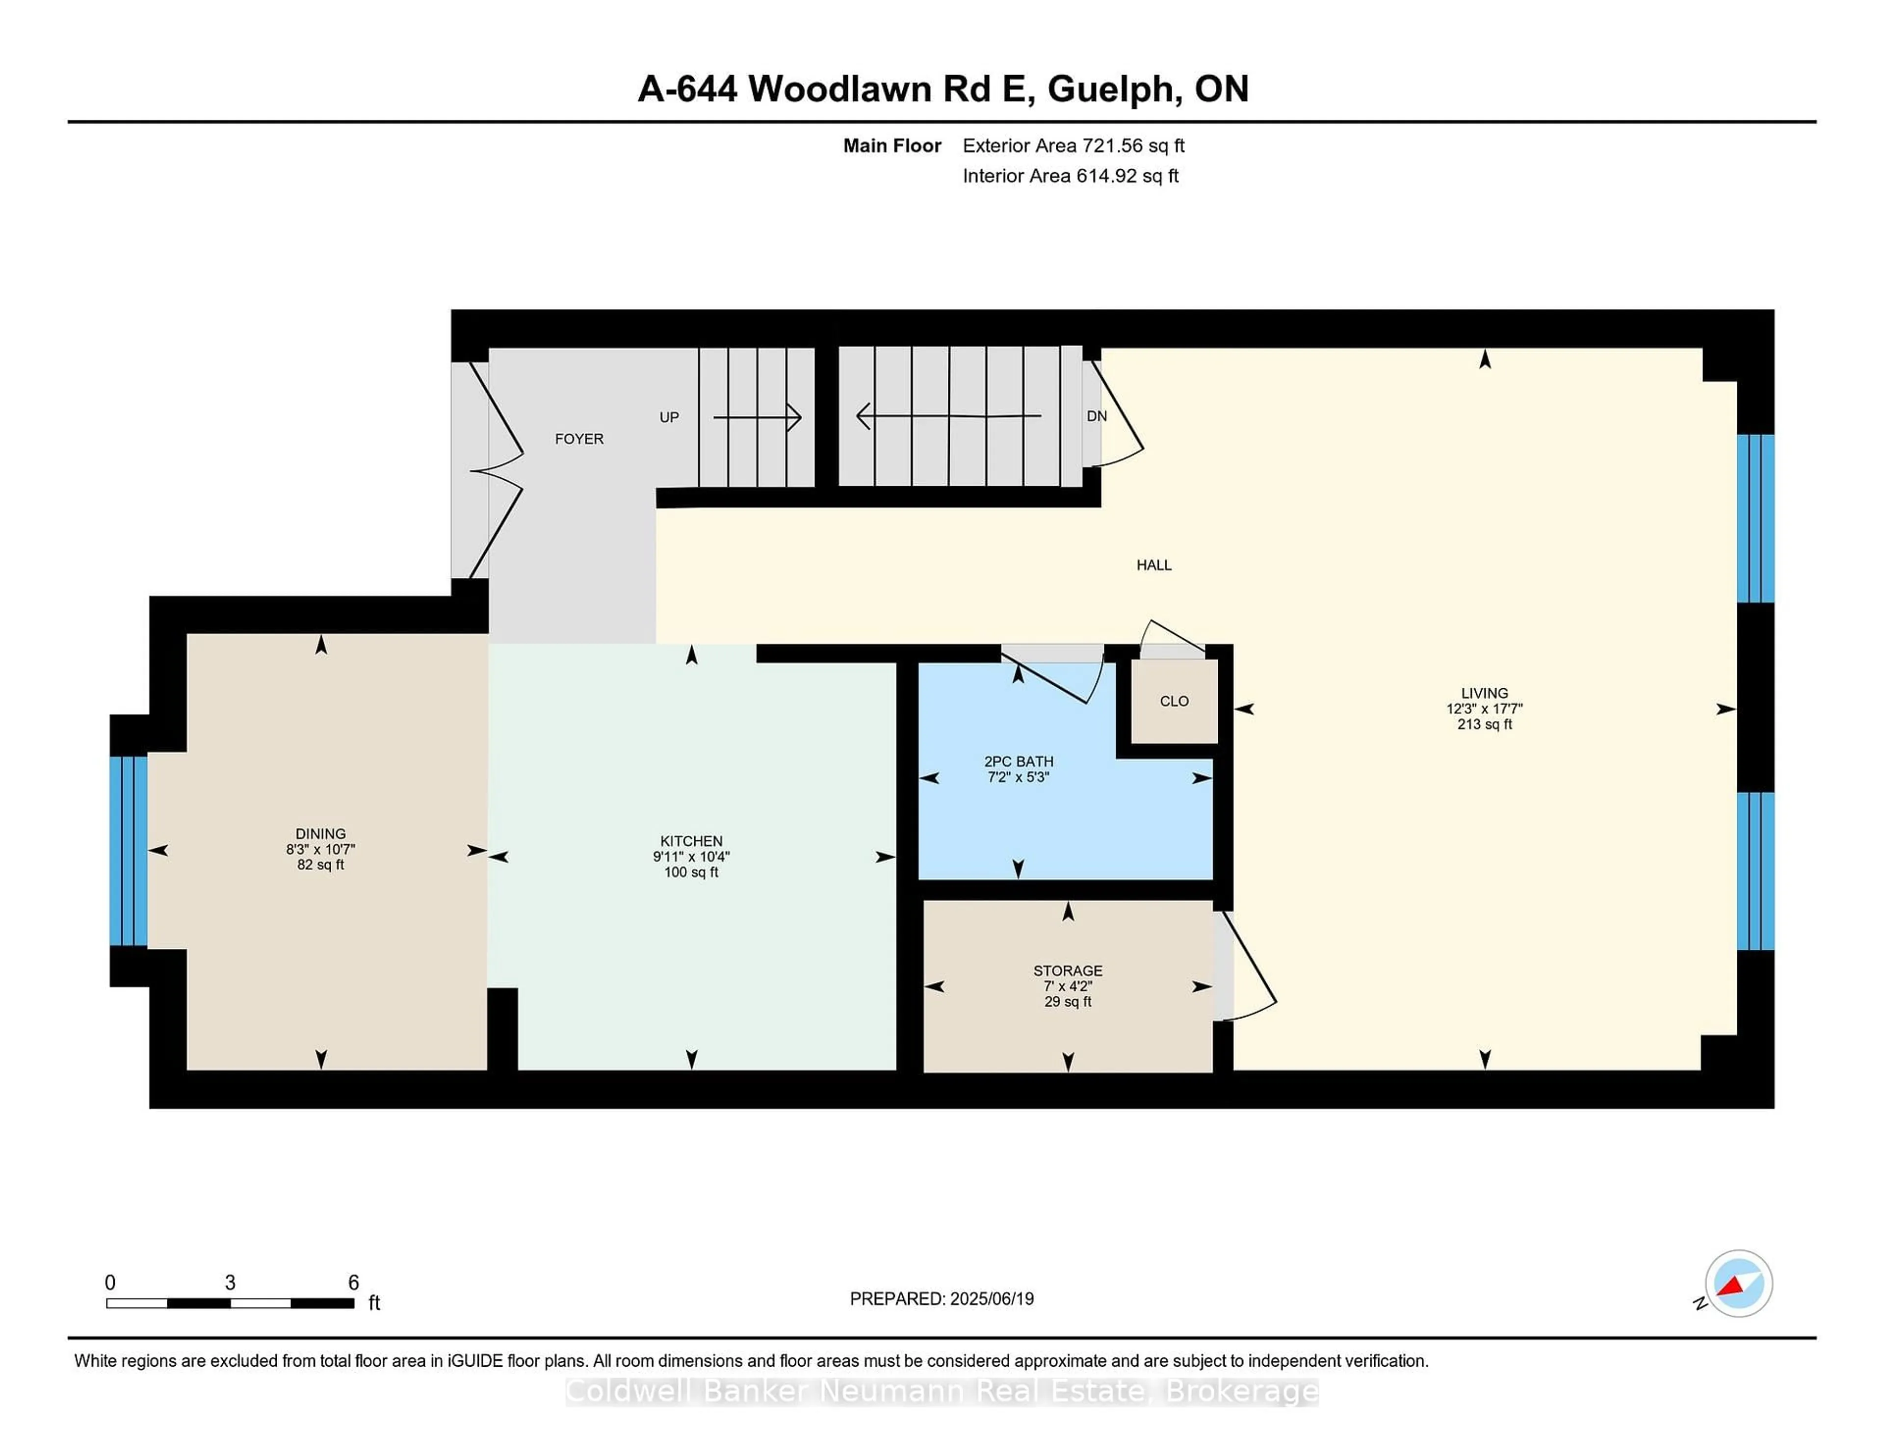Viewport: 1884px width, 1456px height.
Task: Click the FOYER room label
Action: click(579, 439)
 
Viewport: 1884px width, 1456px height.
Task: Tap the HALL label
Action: click(1153, 565)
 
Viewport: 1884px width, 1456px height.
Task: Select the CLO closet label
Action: click(1174, 701)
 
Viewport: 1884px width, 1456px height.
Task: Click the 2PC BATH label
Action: click(1019, 762)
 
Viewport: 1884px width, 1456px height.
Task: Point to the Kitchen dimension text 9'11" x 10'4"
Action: click(691, 857)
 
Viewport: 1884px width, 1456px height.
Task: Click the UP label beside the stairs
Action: click(669, 417)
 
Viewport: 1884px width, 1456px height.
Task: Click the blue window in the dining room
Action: click(129, 851)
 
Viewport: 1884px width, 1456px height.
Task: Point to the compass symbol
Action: click(1738, 1283)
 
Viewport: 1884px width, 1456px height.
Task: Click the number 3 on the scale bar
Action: click(230, 1283)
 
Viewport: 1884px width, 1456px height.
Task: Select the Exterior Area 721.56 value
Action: click(1120, 146)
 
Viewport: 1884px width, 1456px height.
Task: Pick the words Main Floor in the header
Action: click(892, 146)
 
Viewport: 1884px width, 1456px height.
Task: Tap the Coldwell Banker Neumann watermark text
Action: click(942, 1391)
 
